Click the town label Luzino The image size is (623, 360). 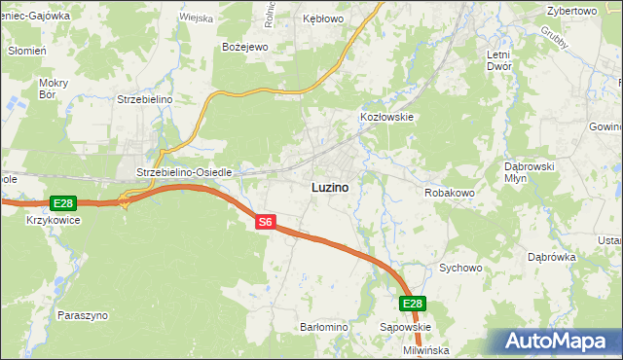tap(330, 186)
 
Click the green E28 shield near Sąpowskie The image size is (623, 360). tap(413, 304)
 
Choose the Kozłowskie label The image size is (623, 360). tap(387, 117)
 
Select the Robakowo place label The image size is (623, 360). tap(449, 193)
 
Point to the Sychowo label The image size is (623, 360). tap(461, 267)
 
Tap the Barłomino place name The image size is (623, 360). tap(324, 327)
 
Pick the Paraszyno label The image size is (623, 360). tap(83, 315)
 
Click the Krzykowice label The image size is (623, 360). tap(54, 220)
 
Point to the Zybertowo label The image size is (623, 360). tap(571, 10)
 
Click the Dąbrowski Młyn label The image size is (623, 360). tap(529, 172)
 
